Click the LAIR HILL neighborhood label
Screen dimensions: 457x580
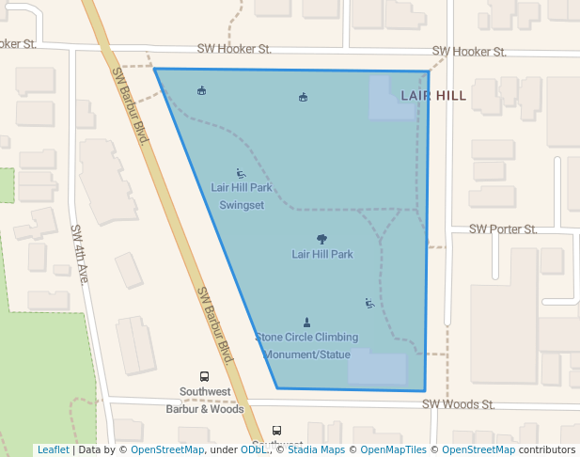coord(433,96)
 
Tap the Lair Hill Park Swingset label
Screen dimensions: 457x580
coord(242,197)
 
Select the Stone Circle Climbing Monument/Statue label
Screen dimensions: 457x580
coord(306,346)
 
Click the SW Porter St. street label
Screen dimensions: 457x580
coord(503,229)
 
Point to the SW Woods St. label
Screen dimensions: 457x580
coord(458,404)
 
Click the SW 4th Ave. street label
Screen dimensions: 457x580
coord(80,255)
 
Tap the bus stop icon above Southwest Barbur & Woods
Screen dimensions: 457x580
coord(205,376)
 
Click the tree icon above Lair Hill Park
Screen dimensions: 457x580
coord(321,239)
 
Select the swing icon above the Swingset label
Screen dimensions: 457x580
coord(241,173)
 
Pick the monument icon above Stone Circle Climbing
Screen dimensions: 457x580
coord(306,323)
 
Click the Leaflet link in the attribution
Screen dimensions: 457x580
coord(53,449)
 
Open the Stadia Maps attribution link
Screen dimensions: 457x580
coord(313,449)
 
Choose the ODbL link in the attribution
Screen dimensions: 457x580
coord(254,449)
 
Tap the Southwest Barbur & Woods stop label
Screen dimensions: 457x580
coord(205,400)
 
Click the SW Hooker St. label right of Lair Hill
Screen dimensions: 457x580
coord(469,52)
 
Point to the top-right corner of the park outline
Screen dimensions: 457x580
coord(429,71)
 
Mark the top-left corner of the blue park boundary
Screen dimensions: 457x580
coord(155,70)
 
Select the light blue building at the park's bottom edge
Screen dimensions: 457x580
coord(377,368)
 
